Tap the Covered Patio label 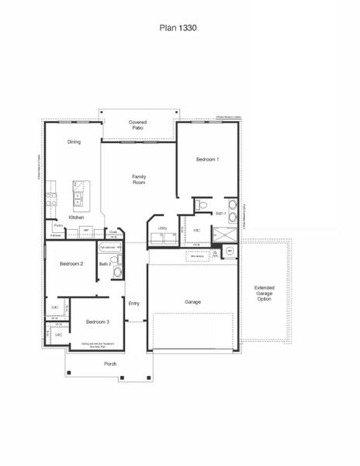click(138, 125)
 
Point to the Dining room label click(74, 142)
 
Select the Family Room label click(139, 179)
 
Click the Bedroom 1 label click(207, 159)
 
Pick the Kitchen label click(76, 217)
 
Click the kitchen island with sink click(81, 195)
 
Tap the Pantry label click(58, 225)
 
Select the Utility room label click(162, 228)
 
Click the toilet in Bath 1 click(202, 206)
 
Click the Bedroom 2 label click(71, 265)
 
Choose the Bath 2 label click(105, 264)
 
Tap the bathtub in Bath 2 click(110, 247)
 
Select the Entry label click(133, 303)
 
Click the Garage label click(193, 301)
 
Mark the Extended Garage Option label click(264, 294)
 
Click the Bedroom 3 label click(97, 322)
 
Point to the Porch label click(110, 363)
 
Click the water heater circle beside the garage click(230, 252)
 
